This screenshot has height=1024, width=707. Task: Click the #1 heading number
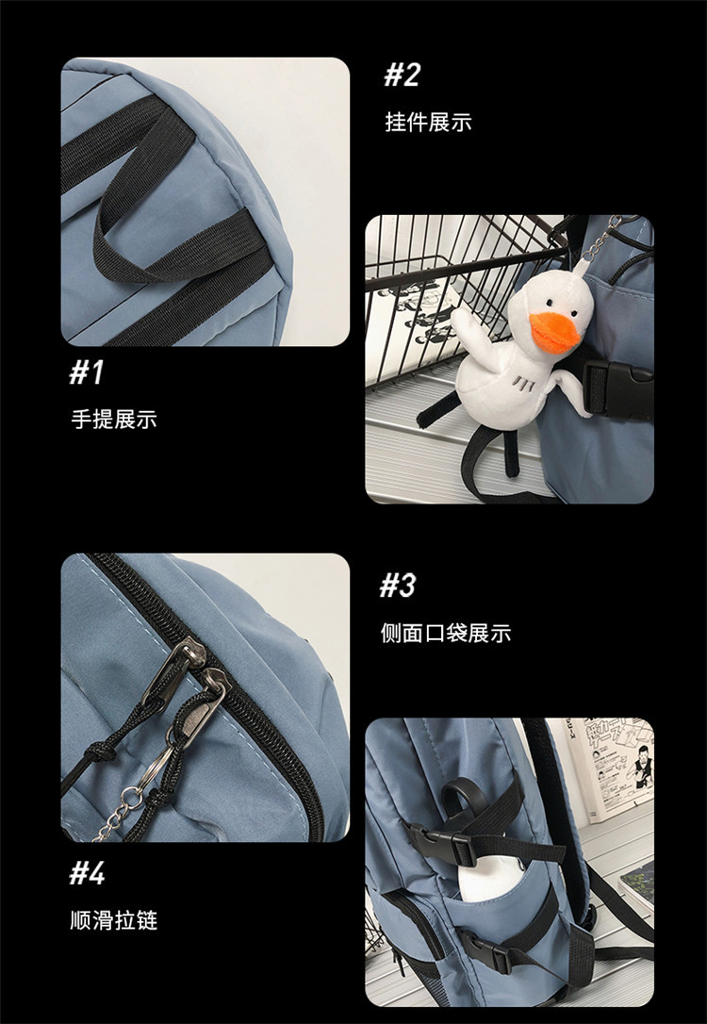(87, 372)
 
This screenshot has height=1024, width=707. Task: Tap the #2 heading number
(402, 75)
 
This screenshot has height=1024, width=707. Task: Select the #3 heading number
(397, 586)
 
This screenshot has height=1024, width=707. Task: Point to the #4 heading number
(88, 873)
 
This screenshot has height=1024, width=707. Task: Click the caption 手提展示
(114, 420)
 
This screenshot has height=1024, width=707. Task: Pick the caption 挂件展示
(428, 123)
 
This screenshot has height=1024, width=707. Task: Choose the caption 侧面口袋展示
(446, 633)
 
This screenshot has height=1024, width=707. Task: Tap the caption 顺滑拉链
(114, 919)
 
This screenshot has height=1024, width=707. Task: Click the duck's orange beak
(553, 333)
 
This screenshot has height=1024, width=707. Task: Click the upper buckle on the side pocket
(442, 844)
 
